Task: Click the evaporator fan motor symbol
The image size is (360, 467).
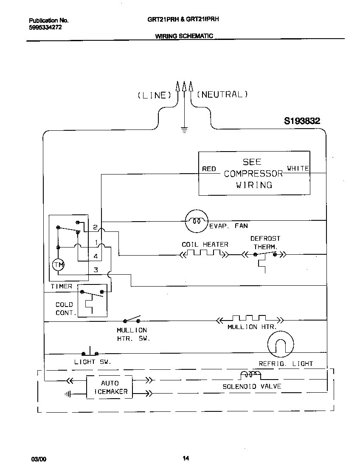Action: pyautogui.click(x=196, y=221)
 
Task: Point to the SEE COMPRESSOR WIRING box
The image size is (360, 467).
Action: pyautogui.click(x=254, y=173)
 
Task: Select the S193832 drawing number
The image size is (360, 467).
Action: pyautogui.click(x=302, y=121)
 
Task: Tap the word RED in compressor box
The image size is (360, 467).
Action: pyautogui.click(x=209, y=169)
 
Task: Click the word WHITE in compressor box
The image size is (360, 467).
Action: pyautogui.click(x=298, y=169)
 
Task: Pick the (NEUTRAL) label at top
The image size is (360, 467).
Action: pyautogui.click(x=222, y=94)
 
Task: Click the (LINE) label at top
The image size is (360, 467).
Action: pyautogui.click(x=154, y=95)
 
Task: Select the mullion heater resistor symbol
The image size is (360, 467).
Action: pyautogui.click(x=249, y=319)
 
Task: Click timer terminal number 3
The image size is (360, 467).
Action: pyautogui.click(x=96, y=270)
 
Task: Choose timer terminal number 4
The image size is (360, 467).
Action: pyautogui.click(x=96, y=256)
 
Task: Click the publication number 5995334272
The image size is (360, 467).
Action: pyautogui.click(x=46, y=26)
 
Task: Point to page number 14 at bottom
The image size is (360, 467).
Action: pyautogui.click(x=186, y=458)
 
